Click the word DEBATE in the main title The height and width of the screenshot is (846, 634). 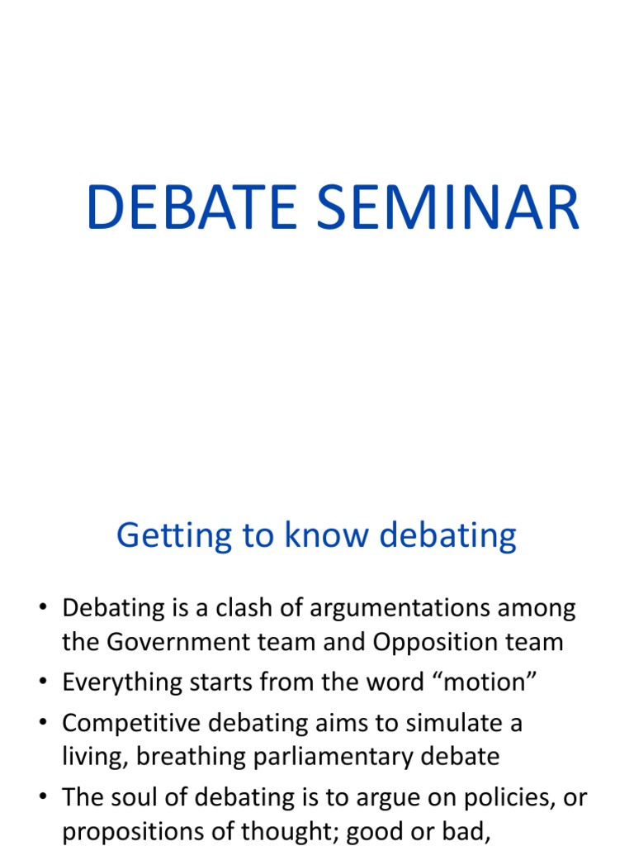191,207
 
